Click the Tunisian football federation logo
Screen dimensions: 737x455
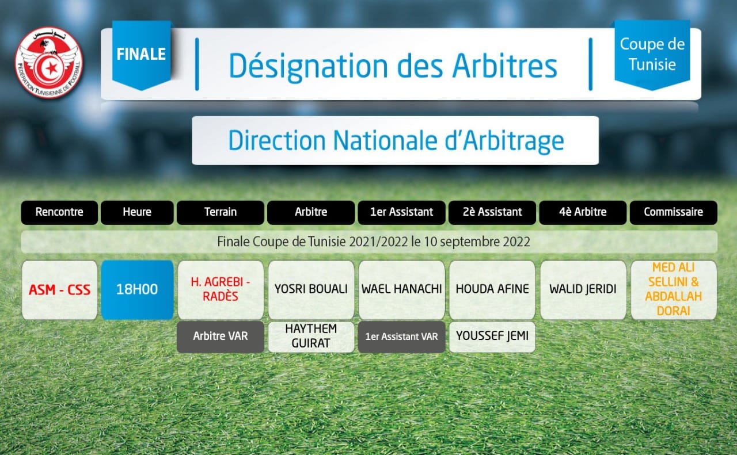pos(49,63)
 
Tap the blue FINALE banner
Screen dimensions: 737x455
pos(142,55)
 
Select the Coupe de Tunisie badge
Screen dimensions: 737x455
pos(652,55)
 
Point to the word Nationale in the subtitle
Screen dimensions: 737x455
pos(385,140)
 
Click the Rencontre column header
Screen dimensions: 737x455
pos(59,212)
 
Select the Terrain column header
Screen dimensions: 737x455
pos(220,212)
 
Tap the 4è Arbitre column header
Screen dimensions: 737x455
pos(583,212)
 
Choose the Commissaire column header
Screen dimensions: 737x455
pos(673,212)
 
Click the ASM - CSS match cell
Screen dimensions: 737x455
pos(59,290)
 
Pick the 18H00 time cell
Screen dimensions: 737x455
pos(137,290)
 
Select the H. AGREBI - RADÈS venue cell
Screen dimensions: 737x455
pos(221,290)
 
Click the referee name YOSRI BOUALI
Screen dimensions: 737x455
pos(311,289)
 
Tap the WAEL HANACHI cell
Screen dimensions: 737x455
pos(402,290)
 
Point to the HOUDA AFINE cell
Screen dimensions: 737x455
pos(492,290)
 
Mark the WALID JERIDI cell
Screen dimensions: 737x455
pos(583,290)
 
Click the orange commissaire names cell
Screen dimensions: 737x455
pos(674,290)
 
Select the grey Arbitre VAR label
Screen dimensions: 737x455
pos(220,337)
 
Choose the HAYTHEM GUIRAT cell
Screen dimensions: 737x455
pos(311,337)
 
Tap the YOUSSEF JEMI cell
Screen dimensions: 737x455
pos(492,337)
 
